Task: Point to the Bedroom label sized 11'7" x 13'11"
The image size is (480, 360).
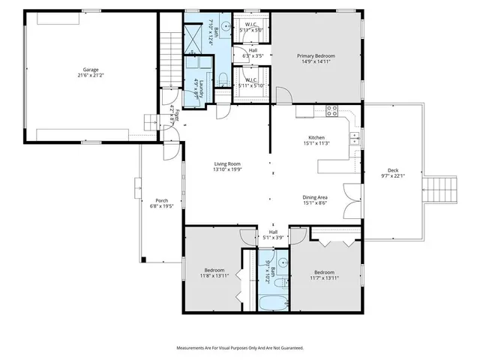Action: coord(324,274)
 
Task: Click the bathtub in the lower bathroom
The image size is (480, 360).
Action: coord(271,304)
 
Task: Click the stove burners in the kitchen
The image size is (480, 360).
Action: coord(331,112)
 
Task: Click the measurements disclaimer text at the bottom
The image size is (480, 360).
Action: coord(240,348)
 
